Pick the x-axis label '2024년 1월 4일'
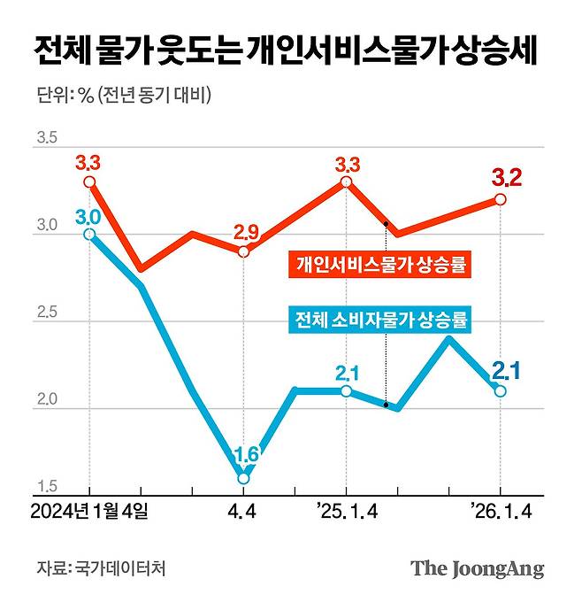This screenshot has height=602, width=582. [89, 512]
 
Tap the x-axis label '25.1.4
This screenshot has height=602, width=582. [346, 512]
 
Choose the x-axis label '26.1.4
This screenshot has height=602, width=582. [501, 512]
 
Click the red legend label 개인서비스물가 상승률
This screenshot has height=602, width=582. [380, 264]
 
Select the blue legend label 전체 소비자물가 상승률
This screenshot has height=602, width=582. [380, 318]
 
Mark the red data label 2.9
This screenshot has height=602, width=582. [246, 233]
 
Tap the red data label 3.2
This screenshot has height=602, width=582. [506, 177]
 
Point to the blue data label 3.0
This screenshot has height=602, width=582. [88, 216]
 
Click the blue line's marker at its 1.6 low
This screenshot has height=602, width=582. [244, 478]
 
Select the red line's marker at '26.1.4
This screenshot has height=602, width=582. [501, 199]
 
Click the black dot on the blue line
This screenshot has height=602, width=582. [387, 405]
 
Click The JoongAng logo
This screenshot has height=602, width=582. [477, 568]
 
